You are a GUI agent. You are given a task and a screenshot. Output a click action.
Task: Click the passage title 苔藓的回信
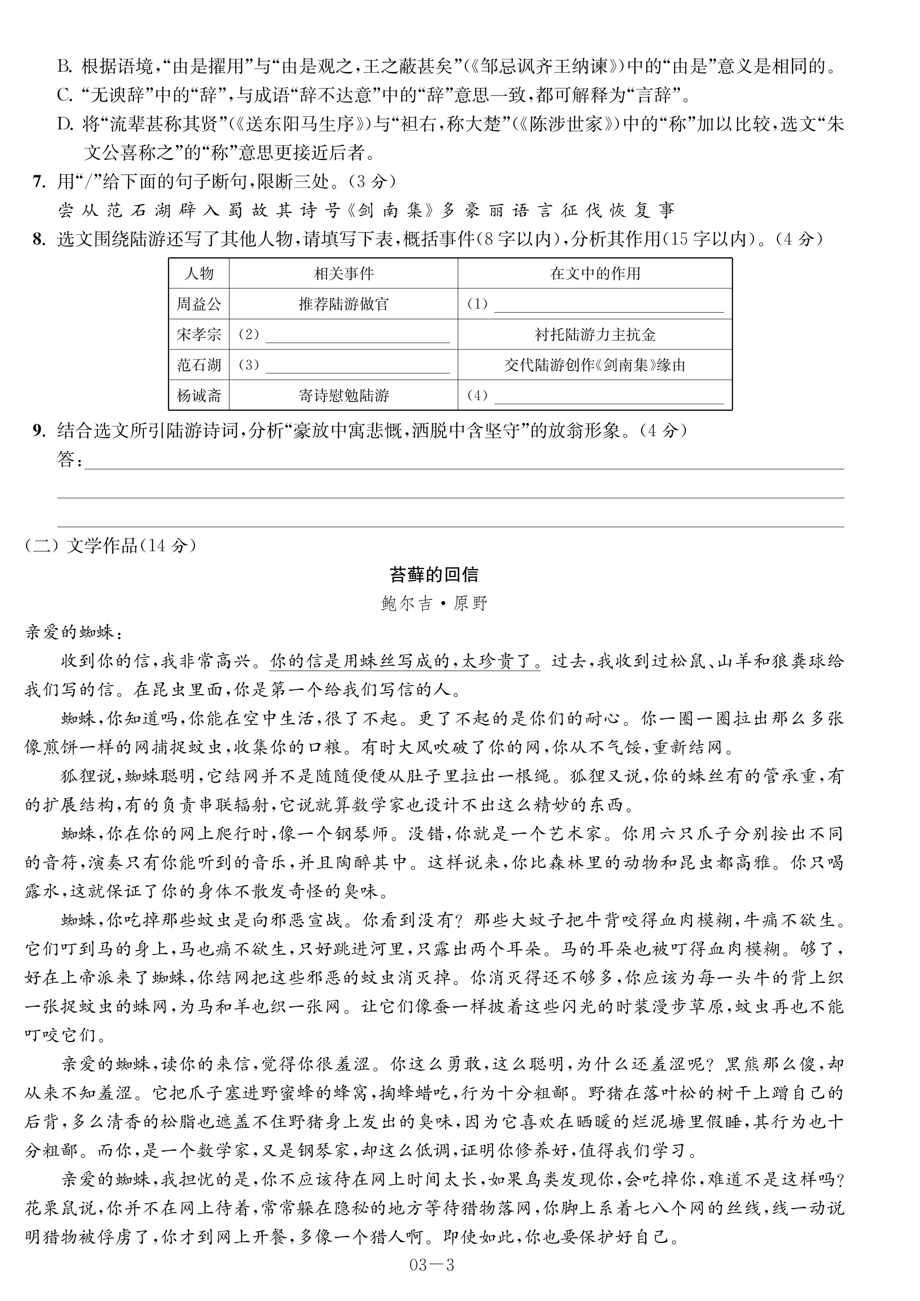pos(434,575)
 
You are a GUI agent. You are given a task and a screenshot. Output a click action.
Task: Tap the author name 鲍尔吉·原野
pos(434,604)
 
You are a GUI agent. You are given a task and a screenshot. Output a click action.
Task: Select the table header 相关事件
pos(344,274)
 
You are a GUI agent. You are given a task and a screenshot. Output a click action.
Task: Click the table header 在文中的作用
pos(595,274)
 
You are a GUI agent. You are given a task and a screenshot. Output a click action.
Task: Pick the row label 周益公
pos(199,304)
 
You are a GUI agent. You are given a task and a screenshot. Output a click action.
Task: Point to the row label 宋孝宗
pos(199,334)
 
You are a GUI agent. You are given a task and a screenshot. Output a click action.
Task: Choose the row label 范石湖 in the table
pos(199,365)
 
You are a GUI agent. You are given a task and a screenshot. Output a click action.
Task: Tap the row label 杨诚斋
pos(199,395)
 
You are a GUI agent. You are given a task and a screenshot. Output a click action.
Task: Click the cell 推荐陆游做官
pos(344,304)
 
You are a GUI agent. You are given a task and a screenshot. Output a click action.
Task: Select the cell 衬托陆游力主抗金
pos(595,334)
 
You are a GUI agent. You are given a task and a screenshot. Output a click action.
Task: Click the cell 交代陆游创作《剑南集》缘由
pos(595,365)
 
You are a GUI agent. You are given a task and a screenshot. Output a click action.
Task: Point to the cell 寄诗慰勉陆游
pos(344,395)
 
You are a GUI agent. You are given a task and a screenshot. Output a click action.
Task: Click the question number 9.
pos(38,430)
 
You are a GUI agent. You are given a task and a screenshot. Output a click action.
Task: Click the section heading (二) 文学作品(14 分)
pos(111,546)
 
